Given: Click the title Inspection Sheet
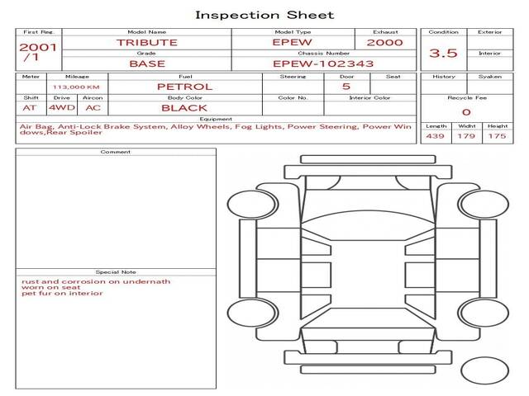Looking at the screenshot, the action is (264, 15).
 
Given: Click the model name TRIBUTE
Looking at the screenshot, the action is (147, 42).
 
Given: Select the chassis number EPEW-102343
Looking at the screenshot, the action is (323, 64).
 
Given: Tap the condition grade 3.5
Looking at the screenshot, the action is (443, 53).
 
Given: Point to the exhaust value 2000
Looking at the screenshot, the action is (385, 42).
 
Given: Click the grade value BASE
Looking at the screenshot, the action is (147, 64).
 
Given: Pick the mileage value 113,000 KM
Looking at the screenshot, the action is (76, 87).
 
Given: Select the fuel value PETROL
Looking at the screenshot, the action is (185, 87).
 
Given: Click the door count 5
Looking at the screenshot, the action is (346, 86).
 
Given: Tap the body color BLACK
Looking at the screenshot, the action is (184, 108).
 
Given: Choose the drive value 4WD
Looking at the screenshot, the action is (62, 107).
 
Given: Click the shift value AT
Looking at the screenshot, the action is (30, 108).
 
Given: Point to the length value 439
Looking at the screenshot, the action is (436, 136).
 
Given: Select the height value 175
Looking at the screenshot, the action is (497, 136).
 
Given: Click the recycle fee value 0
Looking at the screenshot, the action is (466, 112).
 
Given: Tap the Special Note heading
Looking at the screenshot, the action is (116, 271).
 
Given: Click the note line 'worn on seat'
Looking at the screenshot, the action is (51, 287).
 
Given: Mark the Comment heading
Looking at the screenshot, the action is (116, 152).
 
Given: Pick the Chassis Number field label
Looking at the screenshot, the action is (323, 53).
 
